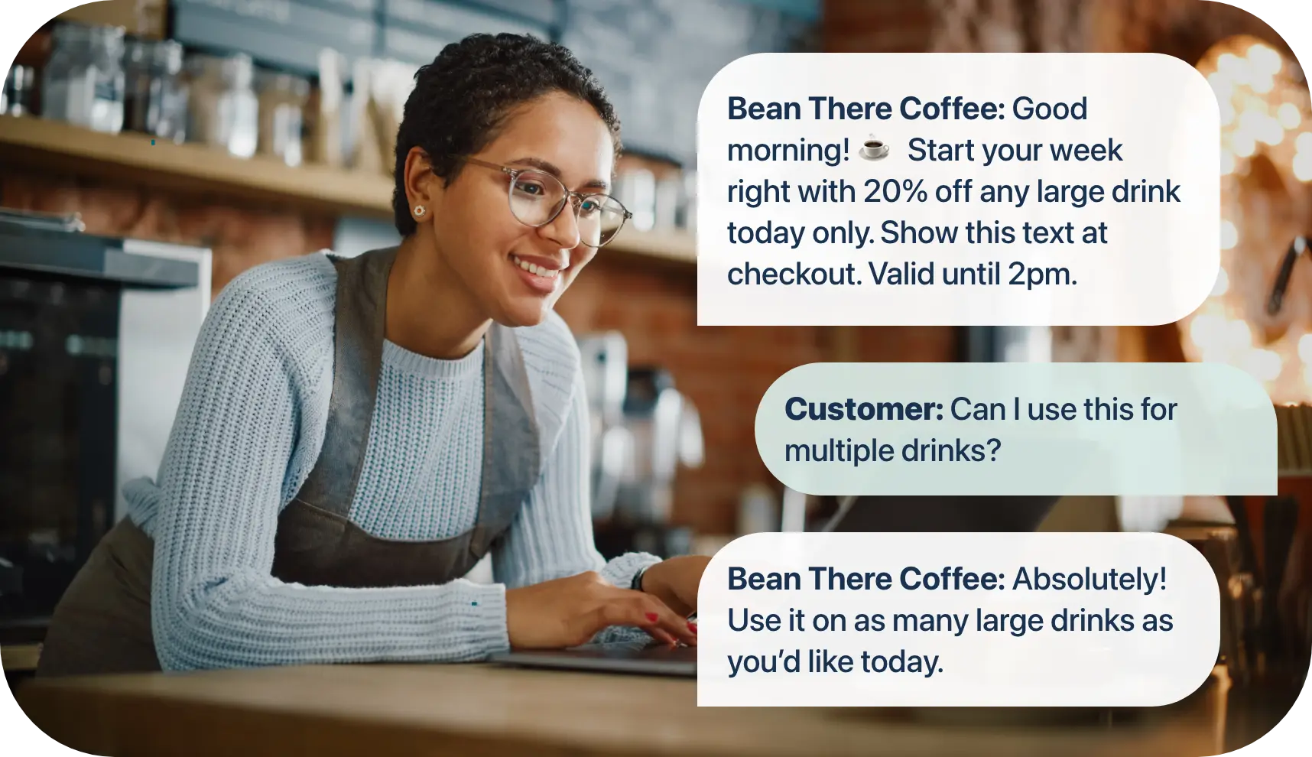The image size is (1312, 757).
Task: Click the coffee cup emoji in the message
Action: [874, 149]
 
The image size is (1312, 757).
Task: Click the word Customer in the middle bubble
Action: [863, 410]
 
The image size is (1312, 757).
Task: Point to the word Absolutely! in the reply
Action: [1089, 580]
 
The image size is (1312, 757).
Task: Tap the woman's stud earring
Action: [419, 210]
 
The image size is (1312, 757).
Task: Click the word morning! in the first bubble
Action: [788, 151]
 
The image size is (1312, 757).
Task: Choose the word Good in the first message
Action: [1049, 109]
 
